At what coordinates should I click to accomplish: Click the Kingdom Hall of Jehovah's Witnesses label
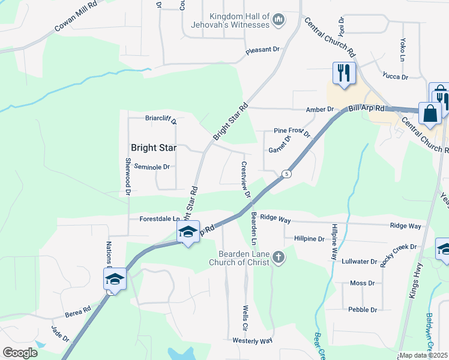tap(238, 20)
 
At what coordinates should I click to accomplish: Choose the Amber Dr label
tap(319, 109)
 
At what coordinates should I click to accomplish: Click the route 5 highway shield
tap(288, 174)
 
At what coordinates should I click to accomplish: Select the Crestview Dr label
tap(246, 179)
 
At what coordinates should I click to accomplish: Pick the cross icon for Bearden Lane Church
tap(278, 257)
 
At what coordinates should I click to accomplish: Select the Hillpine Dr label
tap(309, 238)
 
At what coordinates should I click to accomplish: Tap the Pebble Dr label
tap(362, 310)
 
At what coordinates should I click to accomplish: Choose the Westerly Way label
tap(252, 341)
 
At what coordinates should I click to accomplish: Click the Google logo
tap(20, 353)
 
